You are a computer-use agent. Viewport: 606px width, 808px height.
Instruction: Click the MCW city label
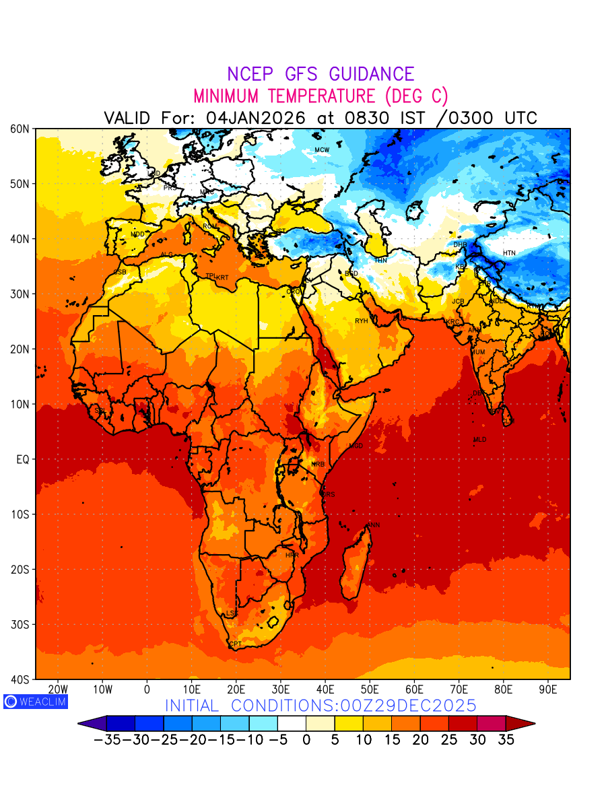[x=322, y=149]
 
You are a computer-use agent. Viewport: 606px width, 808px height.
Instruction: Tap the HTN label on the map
[x=509, y=253]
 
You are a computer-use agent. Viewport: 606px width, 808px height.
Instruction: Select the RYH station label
[x=362, y=321]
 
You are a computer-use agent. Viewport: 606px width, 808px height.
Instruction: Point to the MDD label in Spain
[x=137, y=234]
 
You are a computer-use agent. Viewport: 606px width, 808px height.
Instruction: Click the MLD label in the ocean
[x=479, y=440]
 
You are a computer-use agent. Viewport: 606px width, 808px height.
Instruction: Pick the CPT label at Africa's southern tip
[x=235, y=644]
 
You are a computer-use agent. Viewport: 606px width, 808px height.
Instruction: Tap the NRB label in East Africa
[x=318, y=465]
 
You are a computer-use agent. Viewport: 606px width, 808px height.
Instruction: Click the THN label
[x=380, y=260]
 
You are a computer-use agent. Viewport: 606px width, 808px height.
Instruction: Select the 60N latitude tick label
[x=20, y=129]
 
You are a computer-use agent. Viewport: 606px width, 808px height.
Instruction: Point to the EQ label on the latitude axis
[x=23, y=459]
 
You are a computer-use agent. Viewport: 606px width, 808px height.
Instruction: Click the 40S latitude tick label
[x=20, y=679]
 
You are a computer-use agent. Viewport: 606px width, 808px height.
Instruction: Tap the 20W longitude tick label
[x=59, y=689]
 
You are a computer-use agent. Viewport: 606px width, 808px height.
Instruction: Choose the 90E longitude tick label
[x=548, y=689]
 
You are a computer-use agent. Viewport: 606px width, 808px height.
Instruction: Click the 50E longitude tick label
[x=370, y=689]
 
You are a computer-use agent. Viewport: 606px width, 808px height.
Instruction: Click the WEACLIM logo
[x=35, y=702]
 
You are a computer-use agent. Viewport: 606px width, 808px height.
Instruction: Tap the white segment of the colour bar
[x=292, y=723]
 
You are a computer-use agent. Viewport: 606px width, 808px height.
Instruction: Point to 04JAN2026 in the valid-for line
[x=255, y=118]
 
